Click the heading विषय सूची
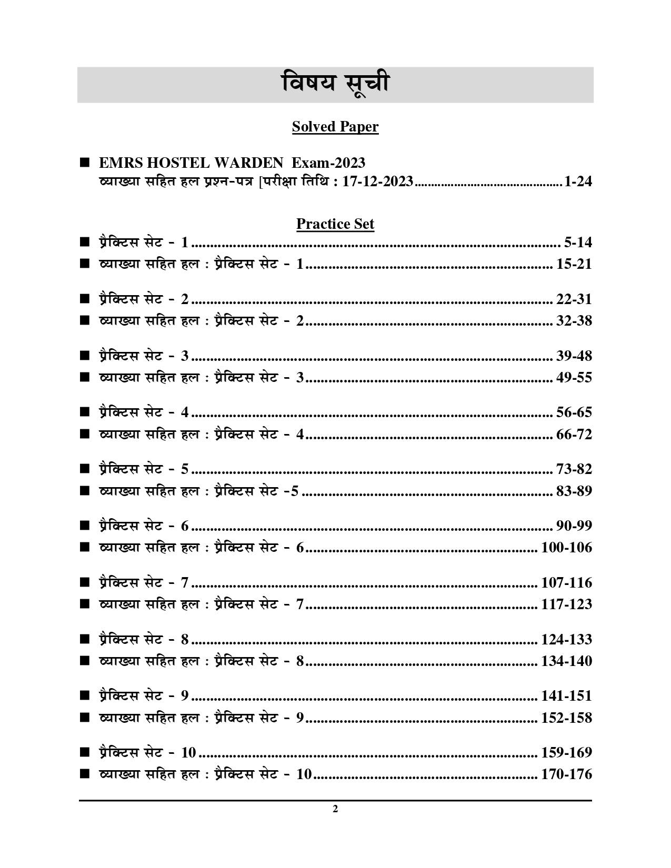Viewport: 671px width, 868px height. (x=335, y=85)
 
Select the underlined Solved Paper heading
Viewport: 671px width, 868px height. (x=335, y=127)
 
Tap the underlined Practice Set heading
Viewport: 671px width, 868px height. (x=335, y=224)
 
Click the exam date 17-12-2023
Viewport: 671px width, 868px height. (x=377, y=182)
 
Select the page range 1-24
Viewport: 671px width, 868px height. (x=577, y=182)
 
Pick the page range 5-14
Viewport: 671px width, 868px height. (x=577, y=243)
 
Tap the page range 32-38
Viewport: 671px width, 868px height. (x=574, y=321)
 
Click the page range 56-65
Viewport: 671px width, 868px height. (x=574, y=412)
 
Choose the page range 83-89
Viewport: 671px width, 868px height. (x=574, y=491)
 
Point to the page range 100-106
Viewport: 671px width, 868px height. (x=566, y=548)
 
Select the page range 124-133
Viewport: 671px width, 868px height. (x=566, y=640)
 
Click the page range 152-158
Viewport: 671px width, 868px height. (x=566, y=718)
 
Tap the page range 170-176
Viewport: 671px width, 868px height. (x=566, y=774)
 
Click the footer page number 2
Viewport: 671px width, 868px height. (x=335, y=809)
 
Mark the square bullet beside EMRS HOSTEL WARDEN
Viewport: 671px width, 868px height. (x=84, y=163)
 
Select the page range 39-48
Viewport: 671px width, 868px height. (x=574, y=356)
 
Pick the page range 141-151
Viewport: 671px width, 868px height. (x=566, y=696)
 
